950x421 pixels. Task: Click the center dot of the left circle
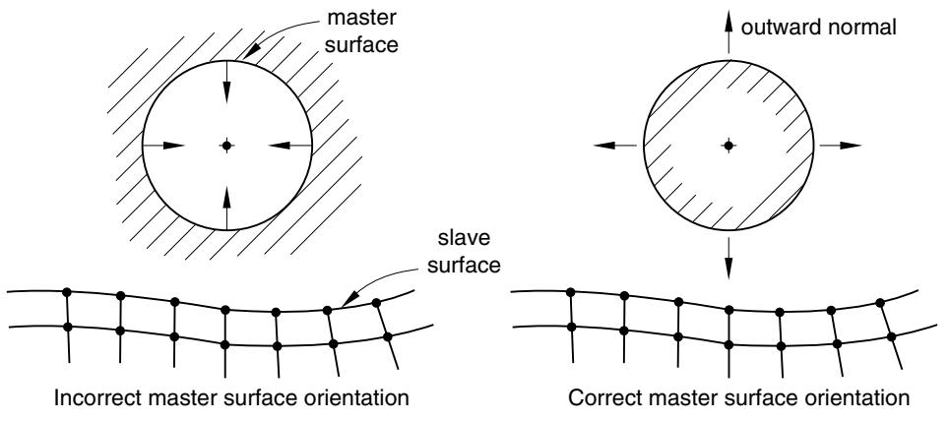point(226,146)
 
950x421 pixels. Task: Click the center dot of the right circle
point(728,146)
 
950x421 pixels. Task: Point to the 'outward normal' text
point(818,28)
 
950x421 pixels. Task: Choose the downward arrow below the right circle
point(728,258)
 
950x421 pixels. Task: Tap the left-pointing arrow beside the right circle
point(615,146)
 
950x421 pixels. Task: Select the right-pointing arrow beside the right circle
point(841,146)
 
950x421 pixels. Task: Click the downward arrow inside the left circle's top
point(226,82)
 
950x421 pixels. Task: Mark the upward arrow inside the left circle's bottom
point(226,209)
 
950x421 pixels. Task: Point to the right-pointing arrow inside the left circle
point(163,146)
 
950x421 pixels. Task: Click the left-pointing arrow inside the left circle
point(289,146)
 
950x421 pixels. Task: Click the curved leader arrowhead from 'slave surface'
point(348,299)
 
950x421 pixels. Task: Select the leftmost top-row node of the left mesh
point(67,292)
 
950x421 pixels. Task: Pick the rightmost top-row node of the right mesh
point(880,302)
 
